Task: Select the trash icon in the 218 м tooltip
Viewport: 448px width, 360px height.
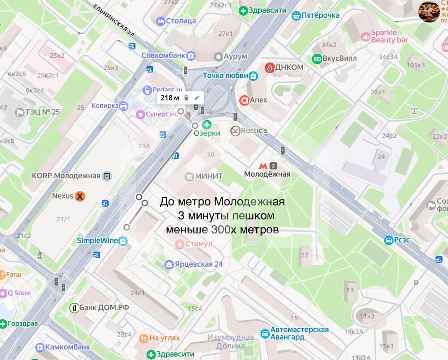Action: point(186,98)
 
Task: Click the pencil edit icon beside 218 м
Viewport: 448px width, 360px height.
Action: point(197,98)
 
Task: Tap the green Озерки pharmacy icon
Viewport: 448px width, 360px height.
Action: point(207,125)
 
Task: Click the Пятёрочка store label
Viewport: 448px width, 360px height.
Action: point(321,16)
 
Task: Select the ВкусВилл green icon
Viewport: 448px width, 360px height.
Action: point(317,58)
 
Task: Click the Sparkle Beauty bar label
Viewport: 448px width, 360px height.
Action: point(389,36)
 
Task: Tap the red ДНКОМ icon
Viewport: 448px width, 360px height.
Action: point(270,67)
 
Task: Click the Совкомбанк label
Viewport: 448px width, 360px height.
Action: point(163,55)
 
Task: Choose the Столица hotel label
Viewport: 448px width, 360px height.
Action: point(181,21)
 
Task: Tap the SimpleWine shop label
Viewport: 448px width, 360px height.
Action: point(97,240)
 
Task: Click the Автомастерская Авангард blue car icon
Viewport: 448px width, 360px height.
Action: point(265,333)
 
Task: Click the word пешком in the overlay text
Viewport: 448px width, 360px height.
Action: point(250,216)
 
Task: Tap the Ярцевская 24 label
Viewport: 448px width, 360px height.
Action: point(199,264)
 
